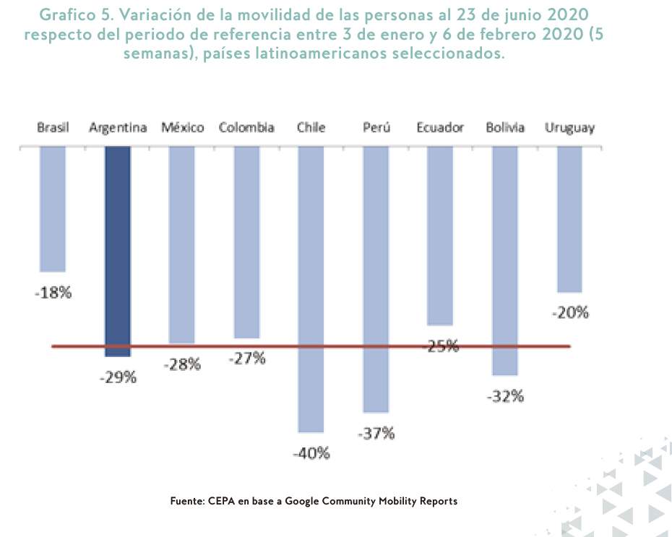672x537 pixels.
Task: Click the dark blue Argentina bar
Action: click(x=118, y=251)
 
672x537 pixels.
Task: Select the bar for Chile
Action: click(x=311, y=289)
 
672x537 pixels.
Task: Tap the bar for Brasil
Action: click(x=53, y=209)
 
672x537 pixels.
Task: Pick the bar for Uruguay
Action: click(x=569, y=218)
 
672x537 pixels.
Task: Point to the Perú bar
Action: click(x=376, y=279)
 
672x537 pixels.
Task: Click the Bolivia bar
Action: click(x=505, y=260)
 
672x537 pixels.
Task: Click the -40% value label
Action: click(x=311, y=454)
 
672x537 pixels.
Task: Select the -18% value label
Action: click(x=53, y=293)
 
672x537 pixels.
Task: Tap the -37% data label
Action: click(x=376, y=434)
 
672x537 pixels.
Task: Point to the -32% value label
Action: click(x=505, y=396)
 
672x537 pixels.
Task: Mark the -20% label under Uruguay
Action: click(x=570, y=313)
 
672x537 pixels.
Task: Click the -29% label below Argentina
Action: click(x=118, y=377)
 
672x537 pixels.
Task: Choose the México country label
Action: click(x=182, y=128)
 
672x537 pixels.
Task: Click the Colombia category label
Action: click(x=246, y=128)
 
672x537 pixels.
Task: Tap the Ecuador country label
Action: click(x=440, y=128)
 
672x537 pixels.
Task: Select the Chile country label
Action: click(x=311, y=128)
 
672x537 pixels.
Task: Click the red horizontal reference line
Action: click(x=217, y=347)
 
